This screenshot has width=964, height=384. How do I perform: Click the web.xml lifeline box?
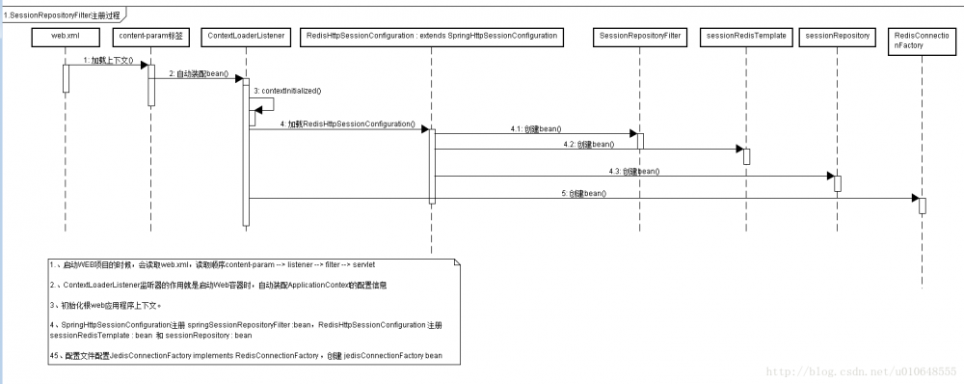pos(65,36)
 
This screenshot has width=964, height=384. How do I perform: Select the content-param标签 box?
pos(150,36)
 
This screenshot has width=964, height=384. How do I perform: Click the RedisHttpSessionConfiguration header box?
pos(430,36)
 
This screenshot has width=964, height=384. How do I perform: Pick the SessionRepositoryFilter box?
pos(640,36)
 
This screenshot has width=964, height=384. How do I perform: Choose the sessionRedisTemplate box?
pos(746,36)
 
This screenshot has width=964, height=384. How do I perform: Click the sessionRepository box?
pos(836,36)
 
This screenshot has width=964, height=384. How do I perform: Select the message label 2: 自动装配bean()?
pos(199,73)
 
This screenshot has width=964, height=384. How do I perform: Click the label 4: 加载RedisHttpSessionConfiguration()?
pos(347,124)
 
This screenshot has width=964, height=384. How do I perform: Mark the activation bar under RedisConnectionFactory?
pos(922,206)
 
